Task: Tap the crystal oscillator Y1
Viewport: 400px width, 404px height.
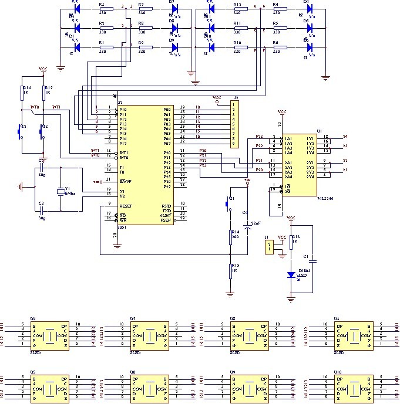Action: [x=60, y=192]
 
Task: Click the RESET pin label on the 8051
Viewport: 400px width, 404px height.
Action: [x=126, y=206]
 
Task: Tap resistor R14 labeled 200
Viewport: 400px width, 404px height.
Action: [x=232, y=236]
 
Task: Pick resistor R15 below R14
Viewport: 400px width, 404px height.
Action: [x=232, y=270]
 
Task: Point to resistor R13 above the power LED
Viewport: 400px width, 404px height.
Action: [x=290, y=240]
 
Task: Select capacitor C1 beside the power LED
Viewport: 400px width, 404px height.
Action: [x=313, y=259]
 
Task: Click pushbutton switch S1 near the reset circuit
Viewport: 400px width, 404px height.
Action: [x=229, y=204]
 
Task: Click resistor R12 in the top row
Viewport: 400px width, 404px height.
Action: [x=237, y=9]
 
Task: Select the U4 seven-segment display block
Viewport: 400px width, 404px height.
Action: [x=49, y=336]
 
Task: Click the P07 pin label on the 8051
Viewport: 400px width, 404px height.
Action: [x=167, y=142]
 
